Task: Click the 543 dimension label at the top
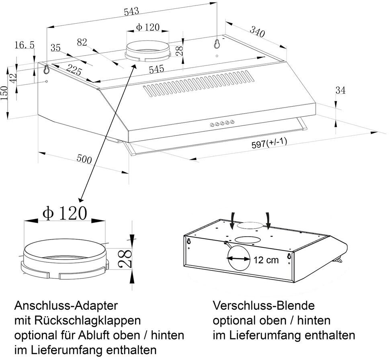click(131, 12)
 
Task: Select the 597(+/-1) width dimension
click(269, 143)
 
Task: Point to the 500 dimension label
click(84, 159)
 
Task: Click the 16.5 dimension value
click(25, 45)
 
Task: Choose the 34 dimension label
click(340, 90)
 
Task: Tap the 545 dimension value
click(157, 69)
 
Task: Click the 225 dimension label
click(74, 70)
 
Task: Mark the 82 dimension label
click(82, 42)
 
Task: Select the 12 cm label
click(266, 260)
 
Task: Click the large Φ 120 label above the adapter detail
click(65, 213)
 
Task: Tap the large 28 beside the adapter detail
click(125, 259)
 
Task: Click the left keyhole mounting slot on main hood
click(46, 70)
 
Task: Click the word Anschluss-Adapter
click(66, 306)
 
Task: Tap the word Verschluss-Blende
click(264, 306)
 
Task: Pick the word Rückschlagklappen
click(87, 321)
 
